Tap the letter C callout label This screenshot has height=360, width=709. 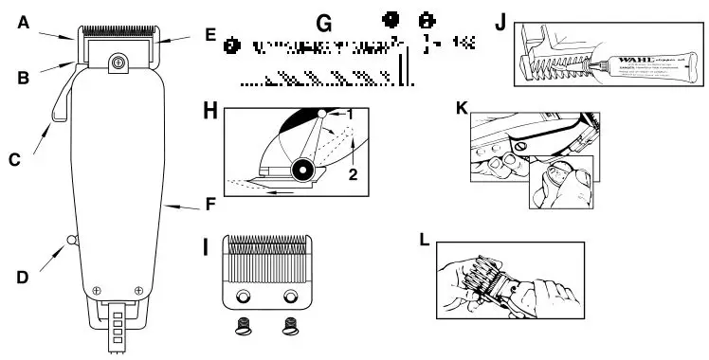pyautogui.click(x=14, y=160)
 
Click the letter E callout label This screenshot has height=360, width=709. pyautogui.click(x=210, y=34)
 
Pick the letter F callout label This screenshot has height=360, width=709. pyautogui.click(x=210, y=203)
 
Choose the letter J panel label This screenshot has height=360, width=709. pyautogui.click(x=499, y=19)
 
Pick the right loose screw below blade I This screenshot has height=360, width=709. pyautogui.click(x=289, y=329)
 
